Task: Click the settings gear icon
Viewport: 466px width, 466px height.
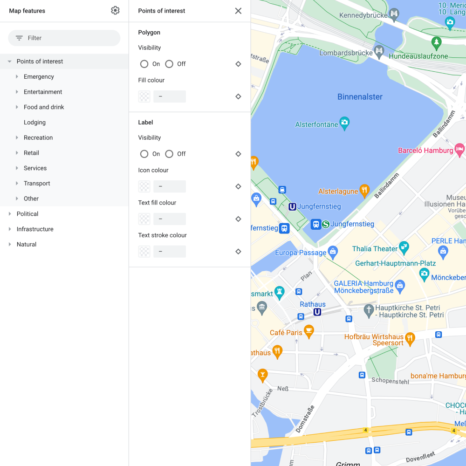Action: point(115,11)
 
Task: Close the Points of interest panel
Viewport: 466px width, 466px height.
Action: point(238,11)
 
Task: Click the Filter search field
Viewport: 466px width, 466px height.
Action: point(64,38)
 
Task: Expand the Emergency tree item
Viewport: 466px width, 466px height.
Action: point(17,76)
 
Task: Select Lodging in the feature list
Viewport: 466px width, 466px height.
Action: point(35,123)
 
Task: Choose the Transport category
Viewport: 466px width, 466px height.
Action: point(37,184)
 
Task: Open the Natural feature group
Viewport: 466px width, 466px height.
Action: point(27,245)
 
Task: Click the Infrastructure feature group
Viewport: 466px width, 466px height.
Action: point(35,229)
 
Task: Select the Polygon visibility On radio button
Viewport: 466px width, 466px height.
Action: point(144,64)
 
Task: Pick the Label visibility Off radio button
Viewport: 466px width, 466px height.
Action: point(170,154)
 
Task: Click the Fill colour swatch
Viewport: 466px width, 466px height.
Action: point(144,96)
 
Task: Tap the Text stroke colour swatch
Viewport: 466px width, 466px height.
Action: point(144,252)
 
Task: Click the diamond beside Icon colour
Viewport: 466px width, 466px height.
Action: point(238,186)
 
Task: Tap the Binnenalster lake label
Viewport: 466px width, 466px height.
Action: point(360,97)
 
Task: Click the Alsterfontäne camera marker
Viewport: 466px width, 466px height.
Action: point(344,123)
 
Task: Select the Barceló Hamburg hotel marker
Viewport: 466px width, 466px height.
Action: point(459,150)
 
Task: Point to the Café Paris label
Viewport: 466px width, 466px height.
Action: point(286,333)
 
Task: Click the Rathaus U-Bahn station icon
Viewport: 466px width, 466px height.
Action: point(317,312)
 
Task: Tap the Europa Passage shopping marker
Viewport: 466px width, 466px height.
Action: point(333,252)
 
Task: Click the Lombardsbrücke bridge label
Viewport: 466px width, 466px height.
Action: point(346,53)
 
